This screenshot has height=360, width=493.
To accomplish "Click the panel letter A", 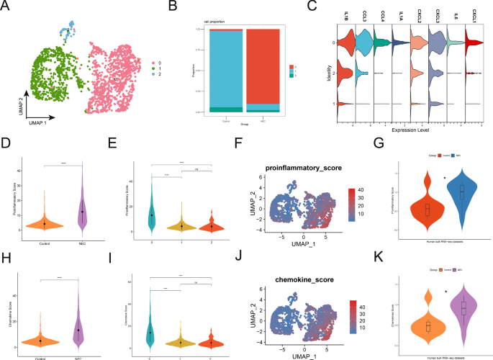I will coord(7,6).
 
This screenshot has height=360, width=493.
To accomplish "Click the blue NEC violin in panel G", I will coord(462,192).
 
